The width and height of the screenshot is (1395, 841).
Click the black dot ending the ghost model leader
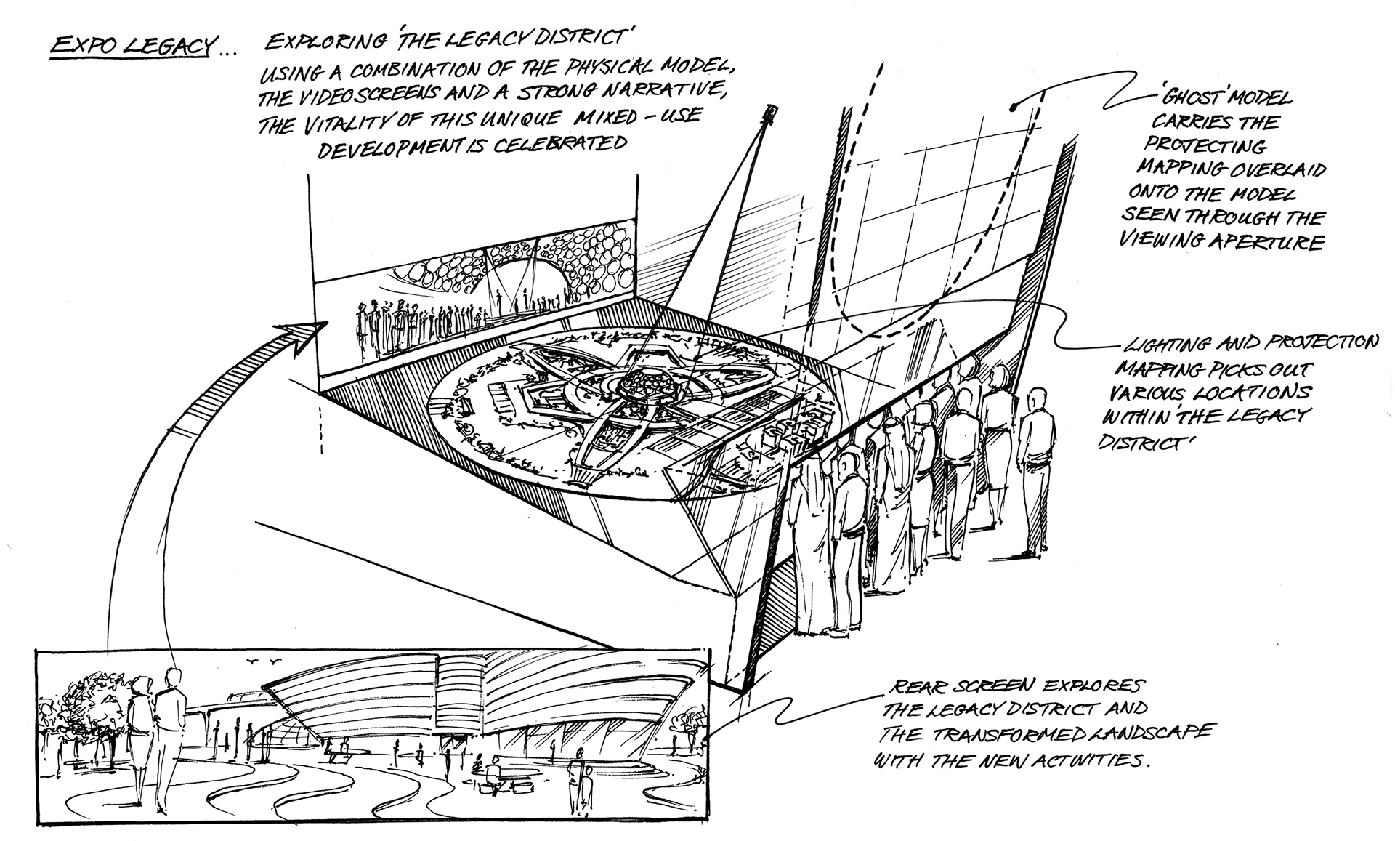1013,108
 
